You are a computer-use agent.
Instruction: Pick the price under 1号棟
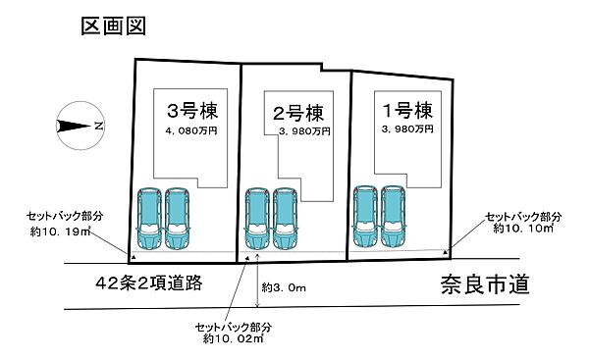pos(403,129)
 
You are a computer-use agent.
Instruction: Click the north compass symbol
pos(80,125)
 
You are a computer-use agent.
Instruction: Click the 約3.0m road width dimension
pos(284,288)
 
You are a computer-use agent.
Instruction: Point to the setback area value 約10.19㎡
pos(63,233)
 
